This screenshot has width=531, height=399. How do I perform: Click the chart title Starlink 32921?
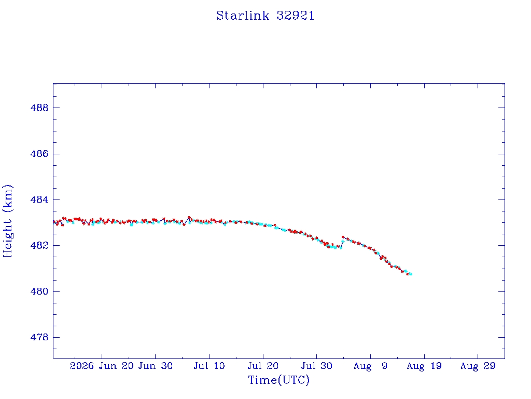[x=265, y=16]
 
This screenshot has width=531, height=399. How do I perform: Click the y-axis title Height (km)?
[x=7, y=221]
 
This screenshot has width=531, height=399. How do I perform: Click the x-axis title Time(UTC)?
[x=278, y=380]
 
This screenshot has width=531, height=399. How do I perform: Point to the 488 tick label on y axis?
[x=39, y=108]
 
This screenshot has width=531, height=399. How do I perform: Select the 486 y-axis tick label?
[x=39, y=154]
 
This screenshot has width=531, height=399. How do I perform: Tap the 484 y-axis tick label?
[x=39, y=199]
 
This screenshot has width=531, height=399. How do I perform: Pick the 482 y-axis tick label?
[x=39, y=246]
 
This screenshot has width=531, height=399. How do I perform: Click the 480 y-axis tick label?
[x=39, y=291]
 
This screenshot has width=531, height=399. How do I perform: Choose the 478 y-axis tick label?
[x=39, y=337]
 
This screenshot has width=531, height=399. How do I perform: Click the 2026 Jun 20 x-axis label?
[x=102, y=366]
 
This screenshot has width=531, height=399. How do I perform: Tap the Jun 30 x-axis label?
[x=156, y=366]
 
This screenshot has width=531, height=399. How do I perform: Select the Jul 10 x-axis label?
[x=209, y=366]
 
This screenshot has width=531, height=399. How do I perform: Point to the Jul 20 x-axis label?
[x=263, y=366]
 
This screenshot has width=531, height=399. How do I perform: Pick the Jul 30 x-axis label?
[x=317, y=366]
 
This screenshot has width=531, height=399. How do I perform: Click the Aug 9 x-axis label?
[x=370, y=366]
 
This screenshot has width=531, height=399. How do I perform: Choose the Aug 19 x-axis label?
[x=424, y=366]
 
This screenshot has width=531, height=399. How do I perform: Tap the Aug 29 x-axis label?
[x=478, y=366]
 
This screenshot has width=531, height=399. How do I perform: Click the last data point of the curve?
[x=411, y=274]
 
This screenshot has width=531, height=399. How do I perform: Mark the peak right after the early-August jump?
[x=343, y=237]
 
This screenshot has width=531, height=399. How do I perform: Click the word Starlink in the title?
[x=243, y=16]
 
